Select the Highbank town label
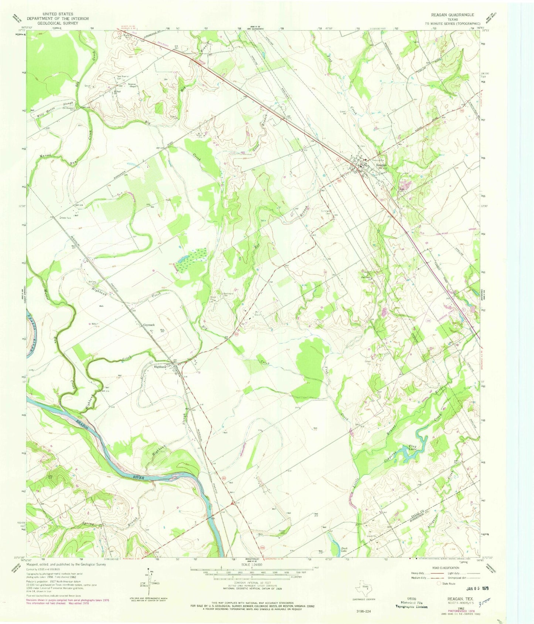162,367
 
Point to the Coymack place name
149,325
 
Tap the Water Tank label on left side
68,218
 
